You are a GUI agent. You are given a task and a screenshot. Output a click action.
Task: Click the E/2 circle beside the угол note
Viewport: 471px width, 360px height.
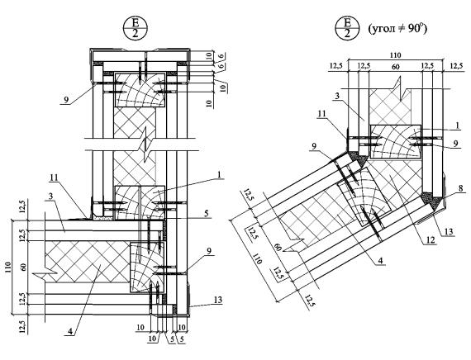tap(348, 27)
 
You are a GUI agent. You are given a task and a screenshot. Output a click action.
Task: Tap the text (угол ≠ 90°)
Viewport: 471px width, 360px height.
tap(397, 29)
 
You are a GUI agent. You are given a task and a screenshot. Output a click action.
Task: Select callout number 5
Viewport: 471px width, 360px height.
tap(207, 213)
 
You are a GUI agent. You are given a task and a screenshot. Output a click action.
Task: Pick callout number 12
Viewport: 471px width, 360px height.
tap(431, 239)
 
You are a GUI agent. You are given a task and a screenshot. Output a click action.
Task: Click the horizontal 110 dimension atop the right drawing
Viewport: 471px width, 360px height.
tap(395, 55)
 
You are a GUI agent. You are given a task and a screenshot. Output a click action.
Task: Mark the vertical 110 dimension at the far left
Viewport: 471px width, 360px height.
tap(7, 268)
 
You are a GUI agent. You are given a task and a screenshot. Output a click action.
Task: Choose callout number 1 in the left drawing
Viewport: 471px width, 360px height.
tap(219, 174)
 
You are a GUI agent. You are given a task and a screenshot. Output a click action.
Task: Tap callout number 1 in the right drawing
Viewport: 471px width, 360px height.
tap(458, 126)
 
